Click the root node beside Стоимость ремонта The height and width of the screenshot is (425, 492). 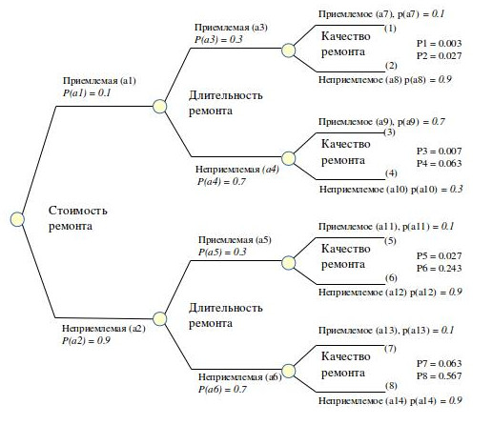tap(17, 219)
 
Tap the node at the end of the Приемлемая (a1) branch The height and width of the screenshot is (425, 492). tap(159, 107)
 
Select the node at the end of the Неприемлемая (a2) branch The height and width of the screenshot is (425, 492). tap(159, 319)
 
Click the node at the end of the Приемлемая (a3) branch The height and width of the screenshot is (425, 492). tap(289, 51)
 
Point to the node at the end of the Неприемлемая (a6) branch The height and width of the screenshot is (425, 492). tap(289, 371)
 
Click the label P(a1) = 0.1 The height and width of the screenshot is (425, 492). tap(87, 93)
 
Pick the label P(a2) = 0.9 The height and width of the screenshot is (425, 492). tap(86, 340)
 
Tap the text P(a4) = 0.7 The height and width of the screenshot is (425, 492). tap(221, 182)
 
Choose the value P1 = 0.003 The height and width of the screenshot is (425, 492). tap(439, 43)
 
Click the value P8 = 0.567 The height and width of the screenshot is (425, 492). tap(439, 376)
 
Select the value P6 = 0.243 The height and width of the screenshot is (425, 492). tap(439, 269)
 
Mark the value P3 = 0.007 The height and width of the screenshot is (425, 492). tap(439, 152)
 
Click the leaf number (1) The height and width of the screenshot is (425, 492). tap(390, 29)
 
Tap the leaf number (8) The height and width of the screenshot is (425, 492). tap(391, 386)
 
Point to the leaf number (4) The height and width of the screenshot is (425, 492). tap(391, 173)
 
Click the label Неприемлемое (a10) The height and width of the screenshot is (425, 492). tap(363, 190)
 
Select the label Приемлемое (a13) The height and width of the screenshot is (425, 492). tap(358, 331)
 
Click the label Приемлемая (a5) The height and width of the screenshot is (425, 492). tap(235, 240)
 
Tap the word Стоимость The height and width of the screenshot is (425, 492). tap(78, 211)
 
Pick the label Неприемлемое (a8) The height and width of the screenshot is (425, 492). tap(360, 79)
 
